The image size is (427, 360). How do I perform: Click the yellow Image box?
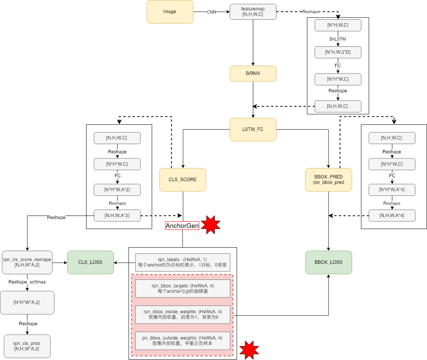[169, 12]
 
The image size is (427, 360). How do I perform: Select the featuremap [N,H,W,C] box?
[253, 12]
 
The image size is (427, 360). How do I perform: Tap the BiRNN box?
[253, 73]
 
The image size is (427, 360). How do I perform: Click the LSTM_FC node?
[253, 129]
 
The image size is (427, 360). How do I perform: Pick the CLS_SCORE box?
[183, 180]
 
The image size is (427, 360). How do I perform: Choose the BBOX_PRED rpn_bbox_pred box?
[329, 180]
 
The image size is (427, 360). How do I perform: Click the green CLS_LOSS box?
[90, 262]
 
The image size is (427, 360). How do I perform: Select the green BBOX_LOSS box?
[329, 262]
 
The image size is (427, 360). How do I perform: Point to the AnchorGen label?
[182, 226]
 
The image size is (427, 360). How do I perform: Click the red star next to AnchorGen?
[210, 225]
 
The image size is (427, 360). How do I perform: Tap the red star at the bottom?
[249, 350]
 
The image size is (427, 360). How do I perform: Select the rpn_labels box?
[183, 263]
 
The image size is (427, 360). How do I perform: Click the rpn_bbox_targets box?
[183, 289]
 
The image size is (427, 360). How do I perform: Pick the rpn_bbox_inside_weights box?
[183, 314]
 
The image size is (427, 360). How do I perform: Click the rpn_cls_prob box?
[27, 346]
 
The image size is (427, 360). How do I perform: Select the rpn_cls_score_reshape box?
[27, 262]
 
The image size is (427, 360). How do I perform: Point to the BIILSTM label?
[338, 39]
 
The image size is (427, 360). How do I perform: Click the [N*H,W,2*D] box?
[338, 52]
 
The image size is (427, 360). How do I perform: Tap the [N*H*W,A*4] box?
[392, 190]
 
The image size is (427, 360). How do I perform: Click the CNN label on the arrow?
[212, 12]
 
